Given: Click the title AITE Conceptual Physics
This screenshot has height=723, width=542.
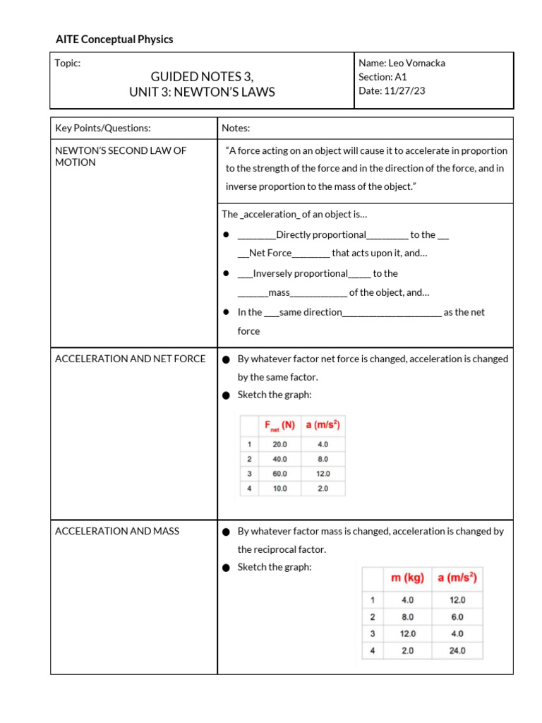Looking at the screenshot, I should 114,40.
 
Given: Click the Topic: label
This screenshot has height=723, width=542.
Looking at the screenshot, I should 68,63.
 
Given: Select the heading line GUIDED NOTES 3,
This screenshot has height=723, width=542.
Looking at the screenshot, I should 202,77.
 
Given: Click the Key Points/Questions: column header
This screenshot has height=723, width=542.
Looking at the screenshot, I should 103,128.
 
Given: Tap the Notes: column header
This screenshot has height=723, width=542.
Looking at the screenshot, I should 236,128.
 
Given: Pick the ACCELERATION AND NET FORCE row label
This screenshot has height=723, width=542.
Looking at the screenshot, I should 131,359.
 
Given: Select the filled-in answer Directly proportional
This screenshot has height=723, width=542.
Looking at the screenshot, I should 321,235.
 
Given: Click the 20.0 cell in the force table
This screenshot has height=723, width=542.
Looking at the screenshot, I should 279,445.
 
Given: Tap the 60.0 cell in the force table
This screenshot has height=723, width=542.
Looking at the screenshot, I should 279,474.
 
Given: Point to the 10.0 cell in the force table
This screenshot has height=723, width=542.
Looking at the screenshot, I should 279,489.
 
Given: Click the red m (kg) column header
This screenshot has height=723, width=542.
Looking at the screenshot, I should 407,578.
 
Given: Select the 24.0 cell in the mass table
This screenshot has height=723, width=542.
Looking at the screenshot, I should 457,650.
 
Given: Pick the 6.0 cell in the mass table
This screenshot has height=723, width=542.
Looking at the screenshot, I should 457,616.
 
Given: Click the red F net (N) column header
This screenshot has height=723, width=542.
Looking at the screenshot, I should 279,425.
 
